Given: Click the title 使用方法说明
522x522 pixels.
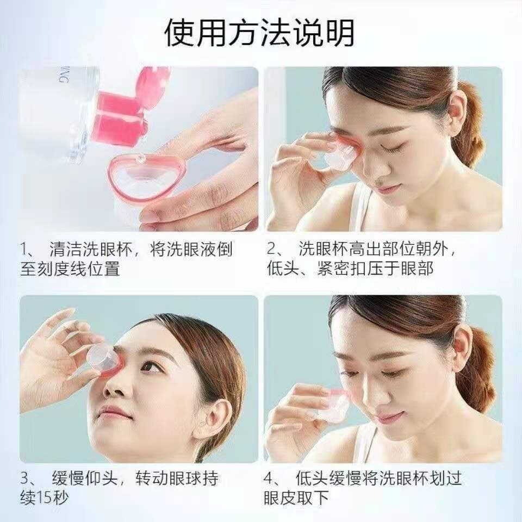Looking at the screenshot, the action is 259,33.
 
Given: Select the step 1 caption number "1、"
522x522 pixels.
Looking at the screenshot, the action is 28,249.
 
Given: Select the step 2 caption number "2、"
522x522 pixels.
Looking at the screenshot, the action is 275,249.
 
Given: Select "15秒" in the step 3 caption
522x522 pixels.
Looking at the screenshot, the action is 52,498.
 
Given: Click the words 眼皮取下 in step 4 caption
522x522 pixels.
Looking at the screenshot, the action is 296,498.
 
